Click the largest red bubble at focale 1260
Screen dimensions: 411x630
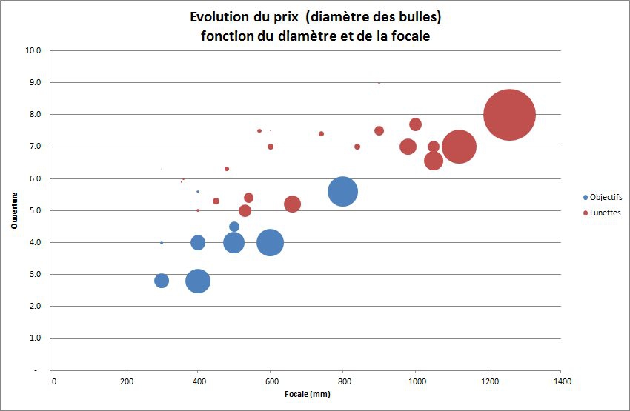(x=509, y=115)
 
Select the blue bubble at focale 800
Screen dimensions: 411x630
(x=342, y=191)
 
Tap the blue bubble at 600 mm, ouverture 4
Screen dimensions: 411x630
(x=270, y=242)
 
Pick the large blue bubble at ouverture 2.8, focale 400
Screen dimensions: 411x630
(x=198, y=281)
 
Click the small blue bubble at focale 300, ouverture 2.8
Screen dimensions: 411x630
(x=162, y=281)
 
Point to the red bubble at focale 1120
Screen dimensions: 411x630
(x=459, y=146)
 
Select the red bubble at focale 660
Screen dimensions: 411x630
(x=292, y=204)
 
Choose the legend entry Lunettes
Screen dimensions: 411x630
(x=605, y=213)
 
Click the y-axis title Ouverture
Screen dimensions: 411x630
(x=13, y=210)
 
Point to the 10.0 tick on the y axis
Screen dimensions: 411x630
(x=33, y=51)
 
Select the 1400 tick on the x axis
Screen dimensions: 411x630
(x=560, y=381)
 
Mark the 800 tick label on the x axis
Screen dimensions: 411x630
(x=342, y=381)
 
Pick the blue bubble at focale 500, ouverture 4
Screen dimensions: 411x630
(x=234, y=242)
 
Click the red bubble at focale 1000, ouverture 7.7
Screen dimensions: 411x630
(x=415, y=124)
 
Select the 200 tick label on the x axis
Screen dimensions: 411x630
(x=125, y=381)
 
